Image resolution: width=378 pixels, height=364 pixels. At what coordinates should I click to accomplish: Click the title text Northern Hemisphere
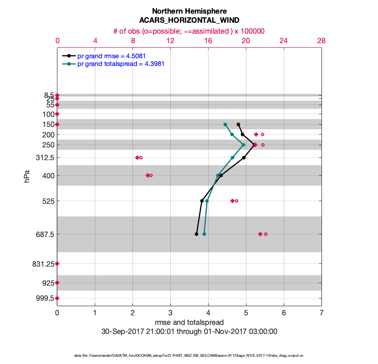click(189, 11)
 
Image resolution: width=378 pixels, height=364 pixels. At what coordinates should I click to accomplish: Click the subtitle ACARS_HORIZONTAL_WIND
click(189, 20)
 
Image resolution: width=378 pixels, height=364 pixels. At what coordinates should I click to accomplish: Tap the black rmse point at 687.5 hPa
click(196, 234)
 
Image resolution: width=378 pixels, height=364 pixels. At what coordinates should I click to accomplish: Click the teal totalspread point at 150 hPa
click(225, 124)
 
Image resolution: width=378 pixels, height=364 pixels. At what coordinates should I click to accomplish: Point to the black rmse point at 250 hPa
click(254, 145)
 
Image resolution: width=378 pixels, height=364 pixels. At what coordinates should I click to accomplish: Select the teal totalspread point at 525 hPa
click(207, 201)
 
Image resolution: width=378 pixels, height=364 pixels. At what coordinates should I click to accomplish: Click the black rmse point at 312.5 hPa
click(244, 157)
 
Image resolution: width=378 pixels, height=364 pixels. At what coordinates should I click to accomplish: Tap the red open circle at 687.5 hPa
click(266, 234)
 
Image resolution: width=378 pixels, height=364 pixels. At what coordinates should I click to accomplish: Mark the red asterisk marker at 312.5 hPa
click(137, 157)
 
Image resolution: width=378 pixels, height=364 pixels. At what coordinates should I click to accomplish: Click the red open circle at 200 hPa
click(262, 134)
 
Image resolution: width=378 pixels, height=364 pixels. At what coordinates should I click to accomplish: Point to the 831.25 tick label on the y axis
click(42, 263)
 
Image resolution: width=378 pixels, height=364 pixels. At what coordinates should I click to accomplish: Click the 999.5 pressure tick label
click(46, 298)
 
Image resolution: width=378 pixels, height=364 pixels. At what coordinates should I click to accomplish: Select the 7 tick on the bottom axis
click(322, 313)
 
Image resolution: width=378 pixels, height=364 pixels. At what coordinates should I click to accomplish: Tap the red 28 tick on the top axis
click(321, 40)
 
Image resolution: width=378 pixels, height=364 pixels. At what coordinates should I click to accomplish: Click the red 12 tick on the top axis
click(170, 40)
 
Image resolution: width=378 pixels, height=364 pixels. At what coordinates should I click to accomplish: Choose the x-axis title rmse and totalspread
click(189, 323)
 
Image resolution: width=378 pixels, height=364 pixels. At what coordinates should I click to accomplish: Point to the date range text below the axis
click(189, 332)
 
